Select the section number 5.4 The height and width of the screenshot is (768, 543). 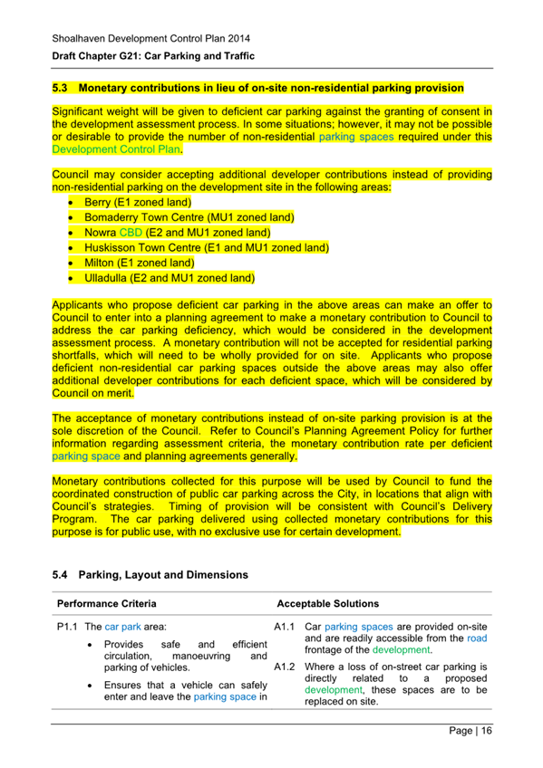(61, 574)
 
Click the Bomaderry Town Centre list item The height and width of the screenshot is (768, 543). (189, 218)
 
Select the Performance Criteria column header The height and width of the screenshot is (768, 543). (106, 603)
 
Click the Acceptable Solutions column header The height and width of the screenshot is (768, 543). (327, 603)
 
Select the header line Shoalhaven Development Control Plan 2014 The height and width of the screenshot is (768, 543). (151, 39)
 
